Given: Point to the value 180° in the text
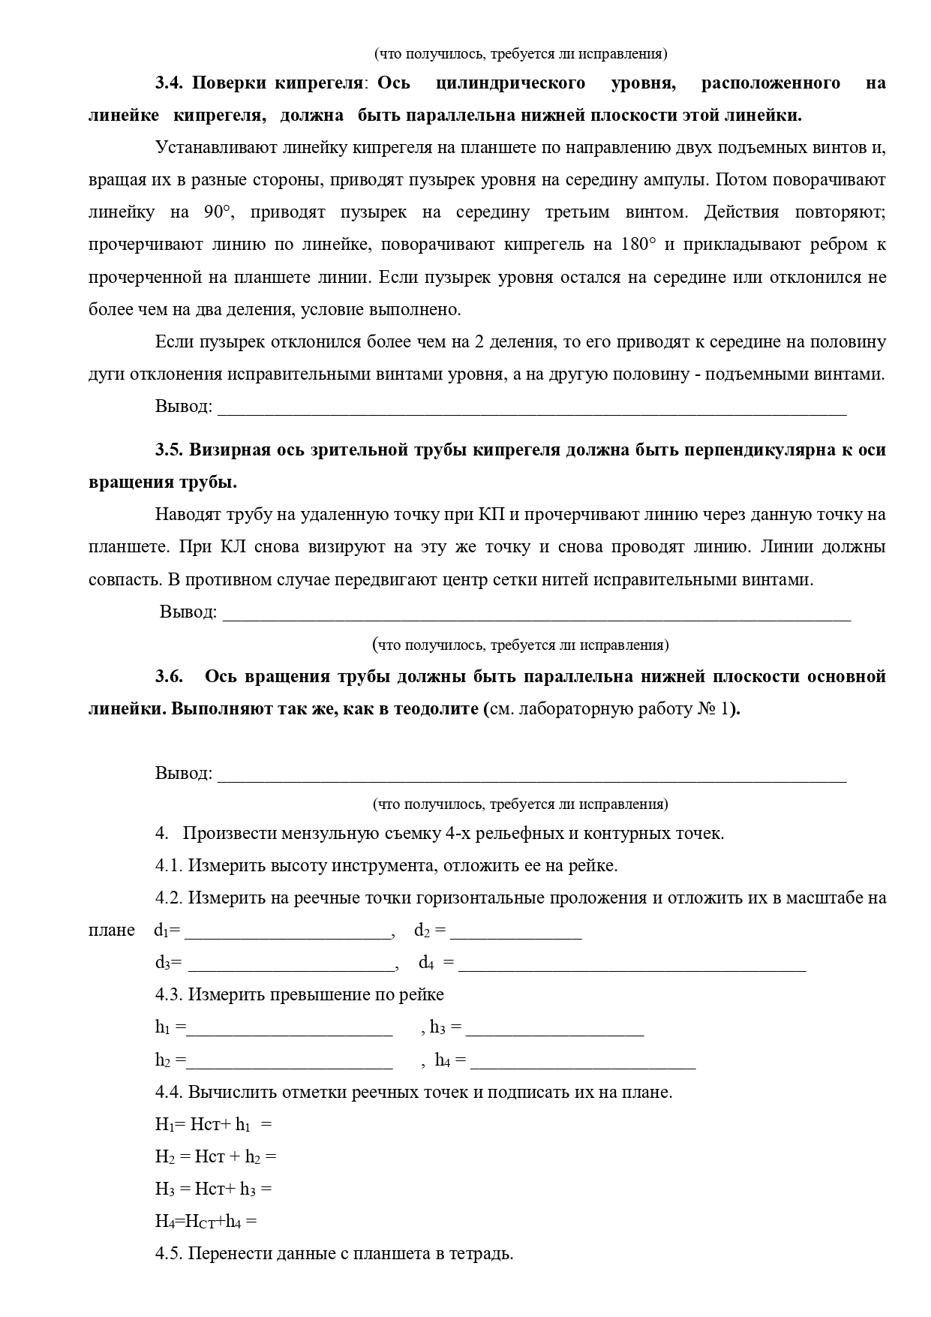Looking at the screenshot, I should click(x=638, y=245).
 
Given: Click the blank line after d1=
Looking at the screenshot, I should click(x=288, y=932).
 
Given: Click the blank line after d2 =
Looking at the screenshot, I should click(x=515, y=932).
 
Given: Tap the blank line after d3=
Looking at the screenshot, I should click(x=291, y=964).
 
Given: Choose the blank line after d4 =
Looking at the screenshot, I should click(x=632, y=964).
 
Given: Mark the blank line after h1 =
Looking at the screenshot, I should click(x=290, y=1029).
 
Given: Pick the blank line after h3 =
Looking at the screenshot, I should click(x=554, y=1029).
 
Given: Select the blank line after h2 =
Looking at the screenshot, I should click(x=290, y=1061).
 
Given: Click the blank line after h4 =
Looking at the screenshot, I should click(x=582, y=1061).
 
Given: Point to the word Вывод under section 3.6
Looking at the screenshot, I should click(x=183, y=774).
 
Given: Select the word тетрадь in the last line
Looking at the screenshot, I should click(x=482, y=1254).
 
